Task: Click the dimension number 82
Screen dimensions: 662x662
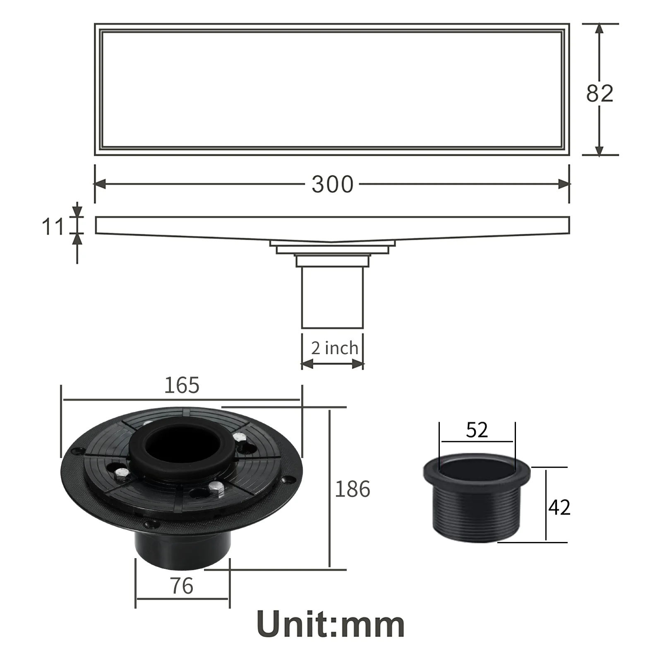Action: (x=600, y=94)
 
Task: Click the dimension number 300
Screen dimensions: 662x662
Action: (x=333, y=184)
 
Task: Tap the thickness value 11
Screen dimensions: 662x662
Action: (x=53, y=227)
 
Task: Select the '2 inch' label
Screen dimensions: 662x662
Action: (x=334, y=348)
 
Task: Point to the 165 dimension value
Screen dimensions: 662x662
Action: (x=182, y=385)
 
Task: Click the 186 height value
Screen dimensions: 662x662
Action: (x=352, y=489)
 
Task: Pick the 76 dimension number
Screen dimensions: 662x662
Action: (x=182, y=586)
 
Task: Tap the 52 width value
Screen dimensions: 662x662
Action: (x=477, y=430)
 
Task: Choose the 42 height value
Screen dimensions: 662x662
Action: (x=559, y=507)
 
